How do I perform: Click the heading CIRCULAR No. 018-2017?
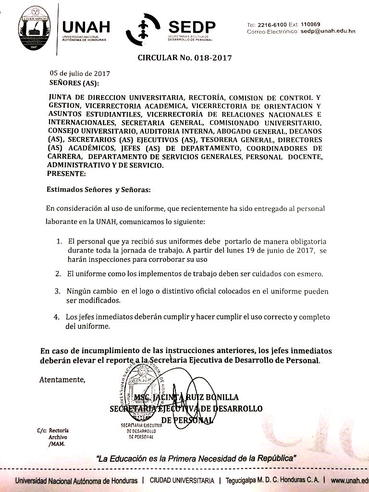(x=184, y=58)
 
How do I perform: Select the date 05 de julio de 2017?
(x=80, y=74)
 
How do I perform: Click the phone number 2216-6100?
(x=272, y=24)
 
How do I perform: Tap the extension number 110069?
(x=312, y=24)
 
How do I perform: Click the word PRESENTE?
(x=67, y=173)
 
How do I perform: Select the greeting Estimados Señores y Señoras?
(x=98, y=189)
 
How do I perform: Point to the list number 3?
(x=57, y=292)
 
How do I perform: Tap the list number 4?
(x=56, y=317)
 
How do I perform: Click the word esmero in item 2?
(x=311, y=274)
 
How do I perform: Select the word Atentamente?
(x=62, y=380)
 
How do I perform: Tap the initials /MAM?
(x=56, y=444)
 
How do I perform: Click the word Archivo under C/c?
(x=58, y=437)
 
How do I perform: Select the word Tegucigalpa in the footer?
(x=245, y=480)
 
